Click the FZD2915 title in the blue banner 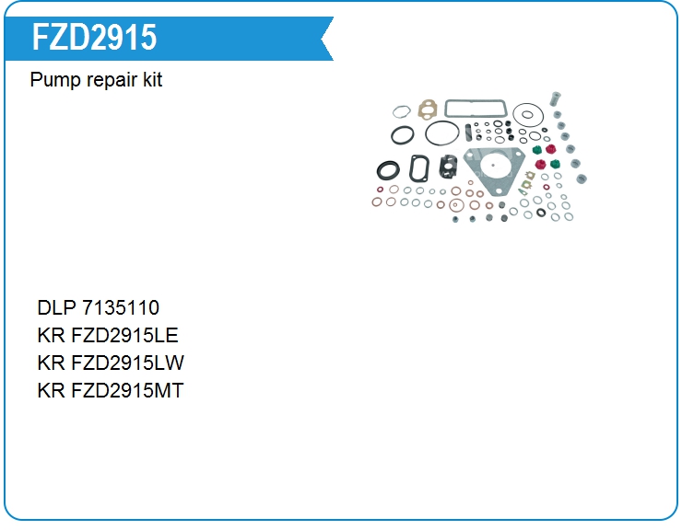click(x=94, y=38)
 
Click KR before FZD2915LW click(x=51, y=363)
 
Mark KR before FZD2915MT click(x=51, y=391)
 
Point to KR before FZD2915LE click(x=51, y=336)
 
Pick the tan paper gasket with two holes click(x=428, y=109)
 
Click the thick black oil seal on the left click(x=389, y=170)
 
